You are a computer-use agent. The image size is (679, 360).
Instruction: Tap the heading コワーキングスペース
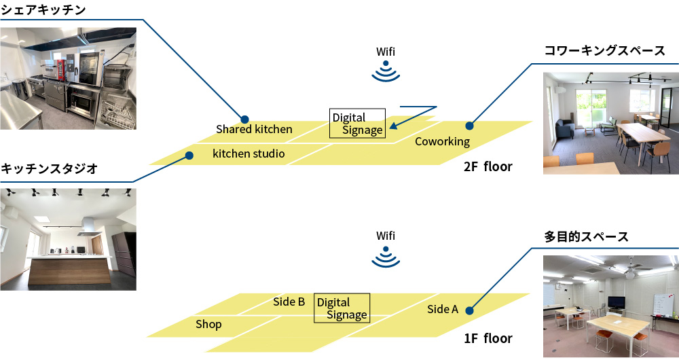[604, 52]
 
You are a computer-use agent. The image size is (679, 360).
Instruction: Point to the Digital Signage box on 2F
[357, 124]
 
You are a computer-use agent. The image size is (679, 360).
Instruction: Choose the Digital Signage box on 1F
[342, 308]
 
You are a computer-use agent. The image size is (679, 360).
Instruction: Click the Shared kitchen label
[254, 129]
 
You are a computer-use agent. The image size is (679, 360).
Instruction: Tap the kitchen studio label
[249, 154]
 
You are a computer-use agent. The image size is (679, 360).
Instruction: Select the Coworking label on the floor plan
[442, 142]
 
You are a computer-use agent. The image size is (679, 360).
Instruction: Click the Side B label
[289, 302]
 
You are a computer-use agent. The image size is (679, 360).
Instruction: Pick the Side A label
[443, 310]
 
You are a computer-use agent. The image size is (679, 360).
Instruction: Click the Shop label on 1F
[208, 325]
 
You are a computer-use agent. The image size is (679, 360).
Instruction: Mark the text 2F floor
[488, 166]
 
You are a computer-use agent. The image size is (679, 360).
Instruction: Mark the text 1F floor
[488, 338]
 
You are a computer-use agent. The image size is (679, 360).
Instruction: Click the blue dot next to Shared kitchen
[244, 119]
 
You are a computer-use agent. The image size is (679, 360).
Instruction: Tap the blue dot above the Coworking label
[469, 126]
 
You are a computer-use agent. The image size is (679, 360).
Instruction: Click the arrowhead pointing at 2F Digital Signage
[394, 126]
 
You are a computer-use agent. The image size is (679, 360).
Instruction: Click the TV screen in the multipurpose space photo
[617, 302]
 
